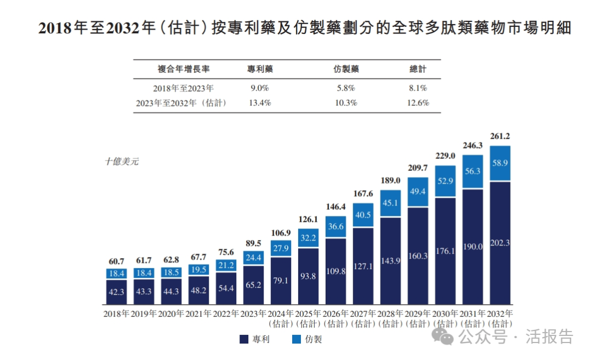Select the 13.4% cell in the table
[260, 103]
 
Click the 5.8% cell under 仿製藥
[345, 88]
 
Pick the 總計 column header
[418, 70]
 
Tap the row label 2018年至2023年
[184, 88]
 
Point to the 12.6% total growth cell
[418, 103]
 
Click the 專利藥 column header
[260, 70]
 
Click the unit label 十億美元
[122, 162]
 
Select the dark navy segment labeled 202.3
[500, 243]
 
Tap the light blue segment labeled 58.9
[500, 163]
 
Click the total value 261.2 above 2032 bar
[500, 136]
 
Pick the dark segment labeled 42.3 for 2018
[116, 292]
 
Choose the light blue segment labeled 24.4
[253, 258]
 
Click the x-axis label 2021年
[198, 314]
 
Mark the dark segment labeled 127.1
[363, 266]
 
